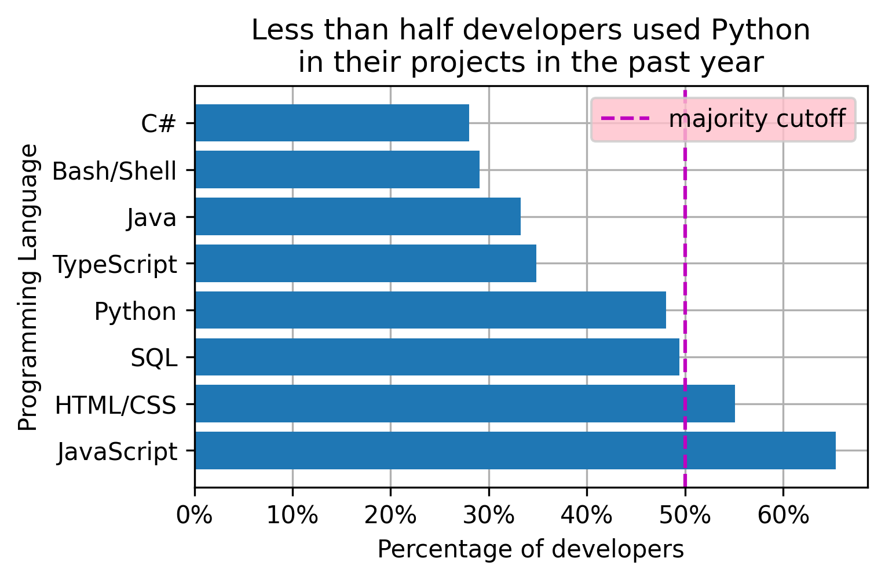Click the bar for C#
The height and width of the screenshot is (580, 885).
(332, 123)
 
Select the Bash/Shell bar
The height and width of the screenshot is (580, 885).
(337, 170)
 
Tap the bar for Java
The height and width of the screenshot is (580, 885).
(357, 217)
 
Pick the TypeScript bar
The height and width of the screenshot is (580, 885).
(365, 264)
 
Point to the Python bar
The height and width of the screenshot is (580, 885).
(430, 311)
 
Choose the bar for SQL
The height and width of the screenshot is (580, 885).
(437, 357)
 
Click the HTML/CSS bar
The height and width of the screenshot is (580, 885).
(465, 404)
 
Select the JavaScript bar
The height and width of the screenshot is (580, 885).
(515, 451)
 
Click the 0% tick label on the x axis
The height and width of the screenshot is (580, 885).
(194, 515)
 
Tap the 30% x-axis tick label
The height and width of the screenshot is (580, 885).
(488, 515)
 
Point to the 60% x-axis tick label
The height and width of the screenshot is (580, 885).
(782, 515)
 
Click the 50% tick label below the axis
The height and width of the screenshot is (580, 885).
(685, 515)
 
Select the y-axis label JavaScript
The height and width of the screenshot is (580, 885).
(118, 452)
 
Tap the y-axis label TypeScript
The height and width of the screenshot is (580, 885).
(115, 265)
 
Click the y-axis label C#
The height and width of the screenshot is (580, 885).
(158, 124)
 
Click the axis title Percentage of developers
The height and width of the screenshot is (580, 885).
(531, 549)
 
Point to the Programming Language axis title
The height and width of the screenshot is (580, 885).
(28, 287)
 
